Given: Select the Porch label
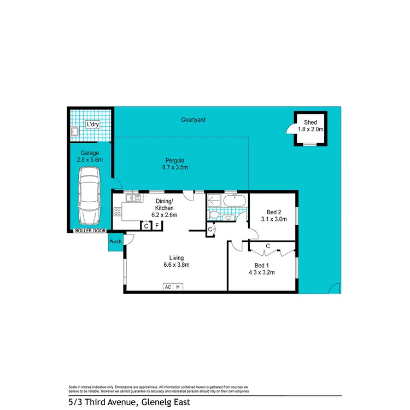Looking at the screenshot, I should click(115, 242).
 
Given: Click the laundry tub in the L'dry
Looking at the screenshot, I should click(74, 131).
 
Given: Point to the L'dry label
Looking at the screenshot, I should click(92, 124).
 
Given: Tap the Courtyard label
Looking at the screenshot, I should click(193, 119).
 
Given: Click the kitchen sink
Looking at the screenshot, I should click(132, 197).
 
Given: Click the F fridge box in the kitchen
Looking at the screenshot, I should click(157, 225).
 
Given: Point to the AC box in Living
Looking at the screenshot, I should click(167, 286).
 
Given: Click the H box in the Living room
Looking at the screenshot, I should click(178, 286).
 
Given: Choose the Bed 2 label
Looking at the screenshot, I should click(274, 212).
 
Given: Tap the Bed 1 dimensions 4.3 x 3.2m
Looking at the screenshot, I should click(262, 272).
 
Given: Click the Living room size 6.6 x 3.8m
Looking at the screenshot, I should click(176, 265).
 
